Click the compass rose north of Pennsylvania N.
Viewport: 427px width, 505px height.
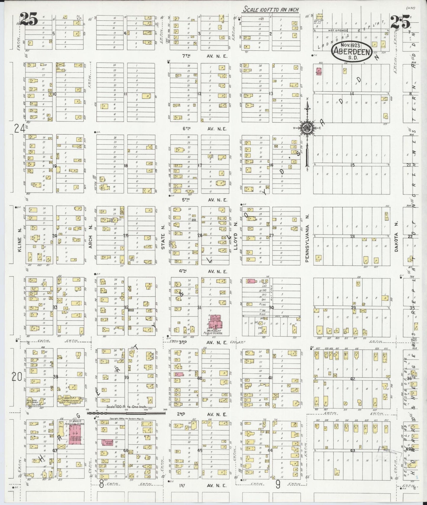tap(307, 128)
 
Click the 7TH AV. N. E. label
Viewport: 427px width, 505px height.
tap(204, 56)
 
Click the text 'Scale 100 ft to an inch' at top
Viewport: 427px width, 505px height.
tap(270, 9)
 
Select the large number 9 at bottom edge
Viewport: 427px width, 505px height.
tap(278, 484)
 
